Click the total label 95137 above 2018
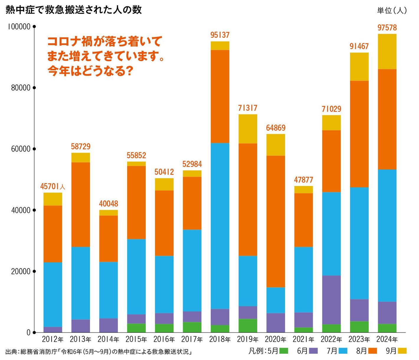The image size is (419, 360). coord(220,35)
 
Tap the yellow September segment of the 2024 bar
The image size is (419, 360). coord(387,52)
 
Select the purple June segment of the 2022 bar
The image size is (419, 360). coord(331,300)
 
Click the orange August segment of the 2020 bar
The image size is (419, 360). coord(276,221)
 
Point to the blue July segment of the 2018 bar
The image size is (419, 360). coord(220,226)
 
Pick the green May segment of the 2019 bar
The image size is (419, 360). coord(248,325)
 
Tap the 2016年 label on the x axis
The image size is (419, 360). coord(164,339)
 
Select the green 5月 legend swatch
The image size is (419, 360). coord(284,351)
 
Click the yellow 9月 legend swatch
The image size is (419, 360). coord(402,351)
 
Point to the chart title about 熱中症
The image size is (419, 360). coord(74,10)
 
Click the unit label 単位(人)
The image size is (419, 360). coord(392,11)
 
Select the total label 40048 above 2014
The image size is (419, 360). coord(108,204)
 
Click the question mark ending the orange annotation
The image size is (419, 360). coord(130,71)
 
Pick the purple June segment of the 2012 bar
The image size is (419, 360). coord(53,330)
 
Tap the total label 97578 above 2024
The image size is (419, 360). coord(387,28)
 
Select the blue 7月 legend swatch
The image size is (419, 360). coord(343,351)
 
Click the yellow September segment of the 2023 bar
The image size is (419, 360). coord(359,67)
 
